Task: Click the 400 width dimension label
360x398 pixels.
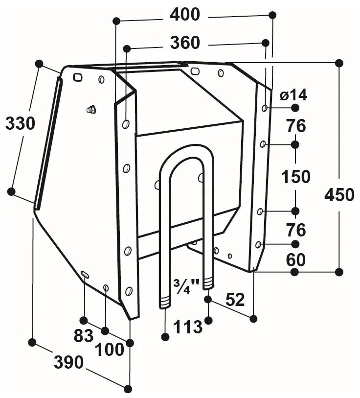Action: pyautogui.click(x=185, y=15)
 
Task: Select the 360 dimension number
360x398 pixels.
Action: pyautogui.click(x=185, y=43)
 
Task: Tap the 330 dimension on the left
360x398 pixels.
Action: pyautogui.click(x=20, y=124)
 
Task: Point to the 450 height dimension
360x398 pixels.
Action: pyautogui.click(x=339, y=195)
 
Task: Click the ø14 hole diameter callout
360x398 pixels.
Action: pyautogui.click(x=293, y=95)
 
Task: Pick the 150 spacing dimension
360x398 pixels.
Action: pyautogui.click(x=296, y=176)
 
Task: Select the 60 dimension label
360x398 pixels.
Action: pyautogui.click(x=296, y=259)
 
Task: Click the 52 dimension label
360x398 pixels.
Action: pyautogui.click(x=235, y=299)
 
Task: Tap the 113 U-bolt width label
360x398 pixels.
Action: pyautogui.click(x=188, y=327)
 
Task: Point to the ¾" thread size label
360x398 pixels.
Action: pyautogui.click(x=185, y=286)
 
